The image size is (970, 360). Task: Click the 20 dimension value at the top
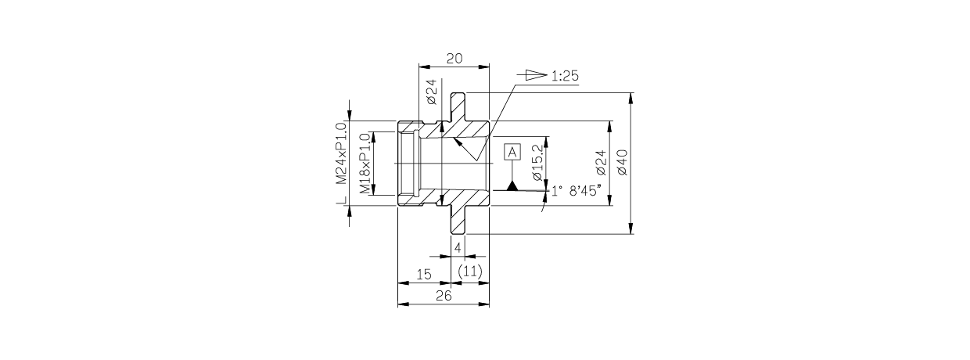click(454, 58)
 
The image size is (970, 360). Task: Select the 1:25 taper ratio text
click(564, 76)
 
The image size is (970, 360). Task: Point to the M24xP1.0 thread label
click(341, 153)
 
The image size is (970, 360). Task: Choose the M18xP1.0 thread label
click(365, 164)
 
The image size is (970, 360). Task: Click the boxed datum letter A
click(512, 152)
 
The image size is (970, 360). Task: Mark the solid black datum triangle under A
click(512, 185)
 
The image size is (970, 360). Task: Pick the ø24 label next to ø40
click(601, 162)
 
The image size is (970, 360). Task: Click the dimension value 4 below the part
click(458, 247)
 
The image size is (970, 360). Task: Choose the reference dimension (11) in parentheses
click(469, 271)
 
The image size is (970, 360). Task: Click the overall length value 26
click(443, 296)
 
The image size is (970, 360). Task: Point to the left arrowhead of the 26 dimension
click(402, 304)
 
